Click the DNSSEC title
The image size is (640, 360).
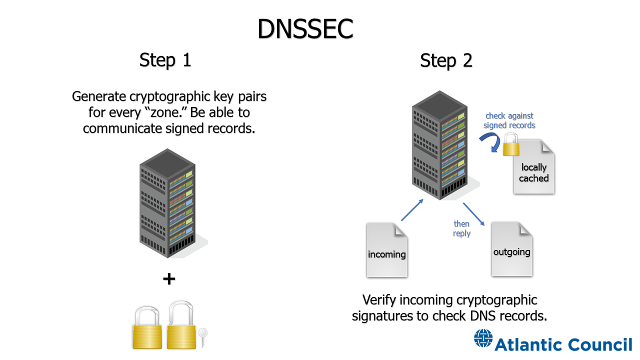(x=305, y=29)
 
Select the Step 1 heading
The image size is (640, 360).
(x=165, y=60)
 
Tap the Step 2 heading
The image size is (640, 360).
(x=446, y=60)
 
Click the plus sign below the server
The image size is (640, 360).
(x=169, y=279)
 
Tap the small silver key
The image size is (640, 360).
(x=202, y=337)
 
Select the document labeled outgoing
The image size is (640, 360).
(x=511, y=249)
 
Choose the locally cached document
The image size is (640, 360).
(x=533, y=167)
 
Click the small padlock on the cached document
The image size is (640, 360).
(x=510, y=146)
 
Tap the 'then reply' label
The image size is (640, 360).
(x=461, y=228)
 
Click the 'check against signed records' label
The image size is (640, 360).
(x=509, y=120)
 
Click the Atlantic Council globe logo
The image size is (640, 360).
(x=483, y=338)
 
